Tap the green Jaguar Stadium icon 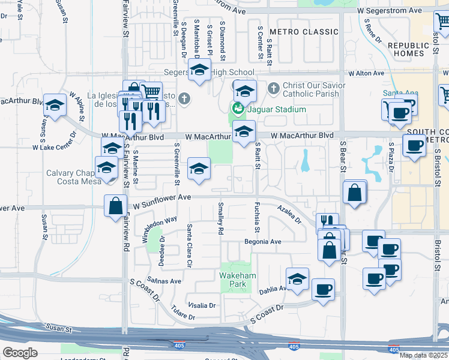pos(237,109)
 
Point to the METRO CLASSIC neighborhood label pos(304,31)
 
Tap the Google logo pos(20,352)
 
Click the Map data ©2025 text pos(423,355)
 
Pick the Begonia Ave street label pos(262,242)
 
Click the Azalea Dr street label pos(289,214)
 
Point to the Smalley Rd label pos(221,218)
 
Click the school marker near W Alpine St pos(55,106)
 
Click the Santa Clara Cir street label pos(189,245)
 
